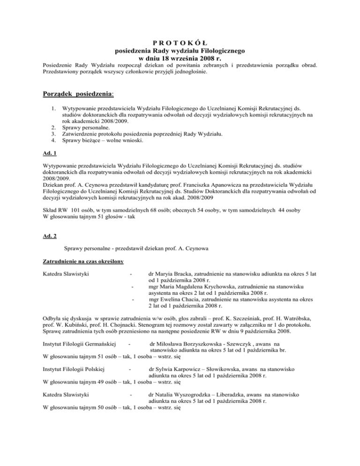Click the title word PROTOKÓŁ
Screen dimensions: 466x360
coord(180,42)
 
